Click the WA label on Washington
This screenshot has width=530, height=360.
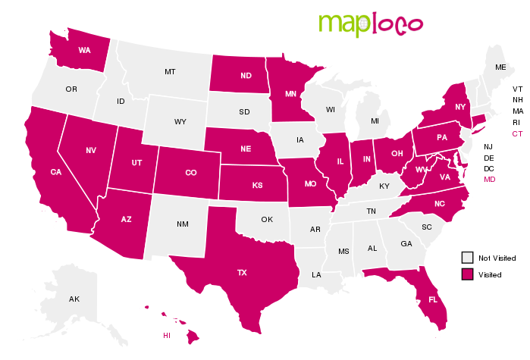click(x=85, y=50)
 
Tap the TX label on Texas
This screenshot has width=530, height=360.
click(x=242, y=271)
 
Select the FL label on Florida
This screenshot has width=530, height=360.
click(x=433, y=299)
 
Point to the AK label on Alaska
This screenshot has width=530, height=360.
click(x=74, y=299)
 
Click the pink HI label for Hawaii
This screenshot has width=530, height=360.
click(x=167, y=334)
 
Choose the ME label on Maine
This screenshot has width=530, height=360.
click(x=500, y=67)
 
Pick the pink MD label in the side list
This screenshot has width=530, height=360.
click(x=489, y=179)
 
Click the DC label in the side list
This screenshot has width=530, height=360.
click(x=489, y=168)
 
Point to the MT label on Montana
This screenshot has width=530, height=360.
click(x=171, y=72)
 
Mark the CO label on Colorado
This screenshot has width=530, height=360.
click(x=191, y=172)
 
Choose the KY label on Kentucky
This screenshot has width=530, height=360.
click(x=384, y=186)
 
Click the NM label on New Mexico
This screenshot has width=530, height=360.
click(x=183, y=224)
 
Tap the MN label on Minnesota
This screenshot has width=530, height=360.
click(x=290, y=95)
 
